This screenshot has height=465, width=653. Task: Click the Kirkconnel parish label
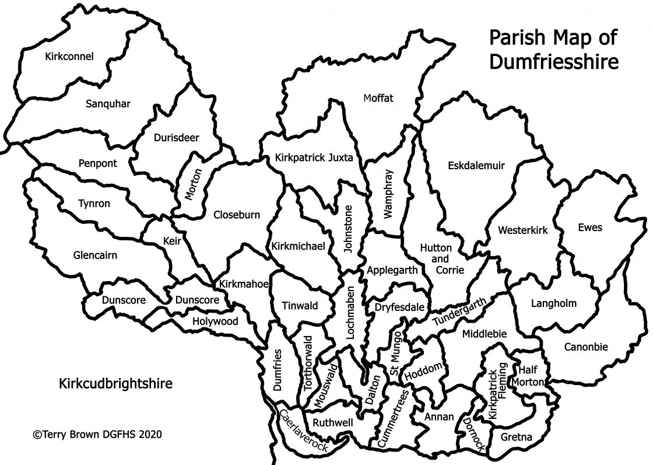(69, 57)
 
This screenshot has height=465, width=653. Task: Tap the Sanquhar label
(108, 104)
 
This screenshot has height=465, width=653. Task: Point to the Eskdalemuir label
(476, 166)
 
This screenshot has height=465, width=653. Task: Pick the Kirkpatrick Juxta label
(314, 158)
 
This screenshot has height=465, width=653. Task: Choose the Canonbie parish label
(585, 347)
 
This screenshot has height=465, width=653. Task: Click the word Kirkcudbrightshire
(115, 384)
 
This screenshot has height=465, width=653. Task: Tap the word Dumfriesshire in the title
(553, 62)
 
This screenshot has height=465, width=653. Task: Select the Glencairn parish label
(95, 255)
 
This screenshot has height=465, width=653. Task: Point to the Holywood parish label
(215, 321)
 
